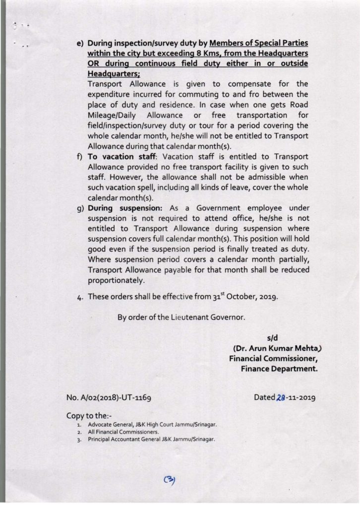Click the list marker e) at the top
79,44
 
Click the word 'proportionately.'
115,280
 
